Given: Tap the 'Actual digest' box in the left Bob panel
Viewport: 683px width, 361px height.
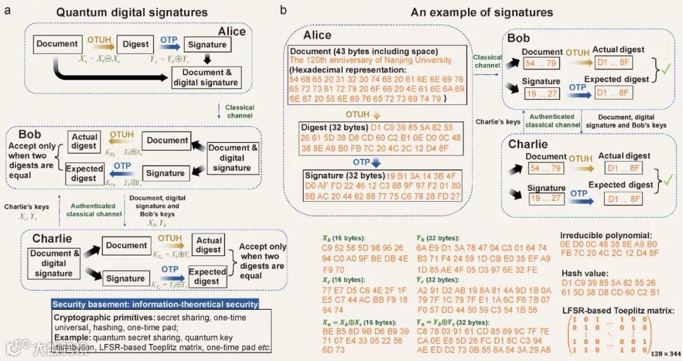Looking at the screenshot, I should point(85,141).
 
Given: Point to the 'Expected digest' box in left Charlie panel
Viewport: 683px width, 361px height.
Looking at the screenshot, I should point(207,276).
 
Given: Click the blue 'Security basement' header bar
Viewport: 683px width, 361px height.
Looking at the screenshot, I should point(155,304).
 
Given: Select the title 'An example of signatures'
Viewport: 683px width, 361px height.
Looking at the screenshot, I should point(481,12).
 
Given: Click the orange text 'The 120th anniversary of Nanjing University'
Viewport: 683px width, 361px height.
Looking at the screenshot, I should point(371,60).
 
